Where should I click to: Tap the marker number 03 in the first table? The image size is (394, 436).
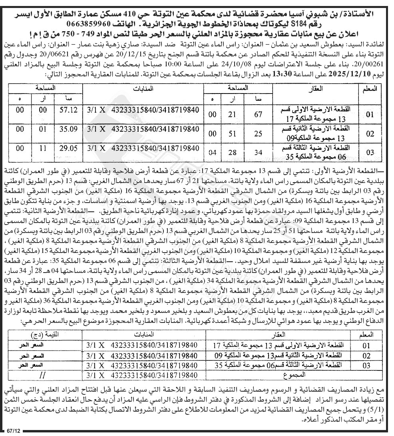[x=370, y=153]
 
